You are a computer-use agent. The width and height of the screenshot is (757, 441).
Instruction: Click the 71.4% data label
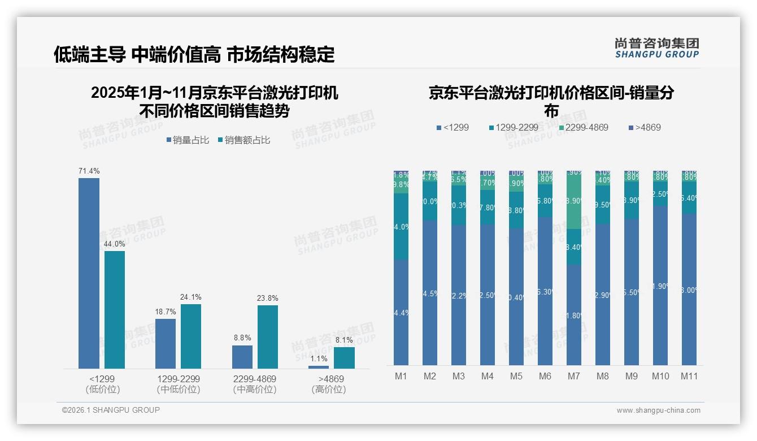[89, 171]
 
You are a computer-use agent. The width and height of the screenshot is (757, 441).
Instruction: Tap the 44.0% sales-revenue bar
[115, 310]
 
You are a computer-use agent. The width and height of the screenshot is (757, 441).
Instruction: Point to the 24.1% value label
[191, 297]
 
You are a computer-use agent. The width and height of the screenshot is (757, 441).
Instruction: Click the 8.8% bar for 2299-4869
[242, 357]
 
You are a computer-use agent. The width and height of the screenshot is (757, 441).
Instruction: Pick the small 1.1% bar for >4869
[319, 367]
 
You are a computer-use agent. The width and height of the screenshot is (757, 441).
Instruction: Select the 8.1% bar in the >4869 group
[344, 357]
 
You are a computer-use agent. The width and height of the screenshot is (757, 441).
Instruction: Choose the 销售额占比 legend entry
[243, 140]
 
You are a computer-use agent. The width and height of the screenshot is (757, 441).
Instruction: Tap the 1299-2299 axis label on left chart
[179, 379]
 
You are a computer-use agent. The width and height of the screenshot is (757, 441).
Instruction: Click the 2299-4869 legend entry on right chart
[583, 128]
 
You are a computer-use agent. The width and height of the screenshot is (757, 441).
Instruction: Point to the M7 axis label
[573, 377]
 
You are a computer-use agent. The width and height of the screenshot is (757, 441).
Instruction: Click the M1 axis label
[401, 377]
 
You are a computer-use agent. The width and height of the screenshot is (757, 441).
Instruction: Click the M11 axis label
[689, 377]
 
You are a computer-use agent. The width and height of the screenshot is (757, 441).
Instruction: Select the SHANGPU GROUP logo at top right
[656, 48]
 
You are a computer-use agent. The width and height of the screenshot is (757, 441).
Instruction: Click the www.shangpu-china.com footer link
[658, 410]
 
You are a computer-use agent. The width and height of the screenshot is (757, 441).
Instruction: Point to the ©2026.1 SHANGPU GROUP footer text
[111, 410]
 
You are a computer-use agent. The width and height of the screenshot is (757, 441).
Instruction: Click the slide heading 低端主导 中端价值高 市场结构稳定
[194, 54]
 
